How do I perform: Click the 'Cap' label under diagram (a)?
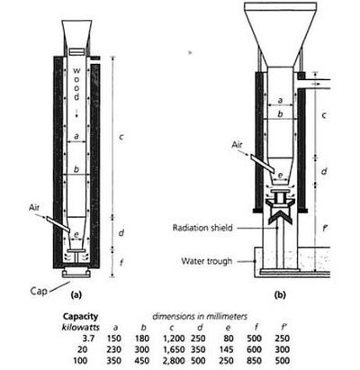pyautogui.click(x=39, y=291)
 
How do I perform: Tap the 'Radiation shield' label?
pyautogui.click(x=202, y=228)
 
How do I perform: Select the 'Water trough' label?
pyautogui.click(x=207, y=261)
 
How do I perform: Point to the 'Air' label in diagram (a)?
pyautogui.click(x=34, y=207)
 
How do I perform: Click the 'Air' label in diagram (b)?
pyautogui.click(x=237, y=145)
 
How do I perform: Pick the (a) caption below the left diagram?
pyautogui.click(x=76, y=294)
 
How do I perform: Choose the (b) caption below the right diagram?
pyautogui.click(x=280, y=294)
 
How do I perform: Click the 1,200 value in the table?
pyautogui.click(x=174, y=338)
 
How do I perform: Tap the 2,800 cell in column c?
pyautogui.click(x=174, y=360)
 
